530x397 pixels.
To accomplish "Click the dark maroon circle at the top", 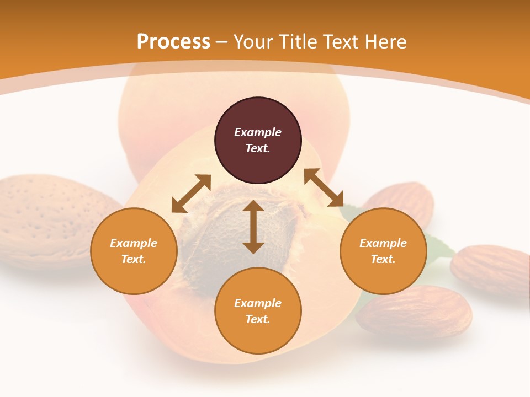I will (x=258, y=141).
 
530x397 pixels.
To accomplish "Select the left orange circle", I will (x=134, y=251).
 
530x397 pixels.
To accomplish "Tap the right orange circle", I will (x=383, y=251).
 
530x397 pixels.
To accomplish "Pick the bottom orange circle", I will (x=258, y=311).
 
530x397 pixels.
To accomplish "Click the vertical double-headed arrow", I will (x=253, y=227).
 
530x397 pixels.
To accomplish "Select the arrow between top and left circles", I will (x=191, y=194).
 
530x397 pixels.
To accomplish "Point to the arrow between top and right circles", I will (x=324, y=187).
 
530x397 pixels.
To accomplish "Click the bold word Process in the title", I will (x=173, y=41).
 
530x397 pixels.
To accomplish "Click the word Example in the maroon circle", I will (x=258, y=132).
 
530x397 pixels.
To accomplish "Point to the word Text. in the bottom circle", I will (x=258, y=319).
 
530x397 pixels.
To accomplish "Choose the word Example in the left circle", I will (x=134, y=243).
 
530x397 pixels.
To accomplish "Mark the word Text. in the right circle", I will (x=383, y=259).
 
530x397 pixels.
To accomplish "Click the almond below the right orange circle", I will (x=414, y=312).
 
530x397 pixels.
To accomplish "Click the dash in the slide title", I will (x=222, y=42).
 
